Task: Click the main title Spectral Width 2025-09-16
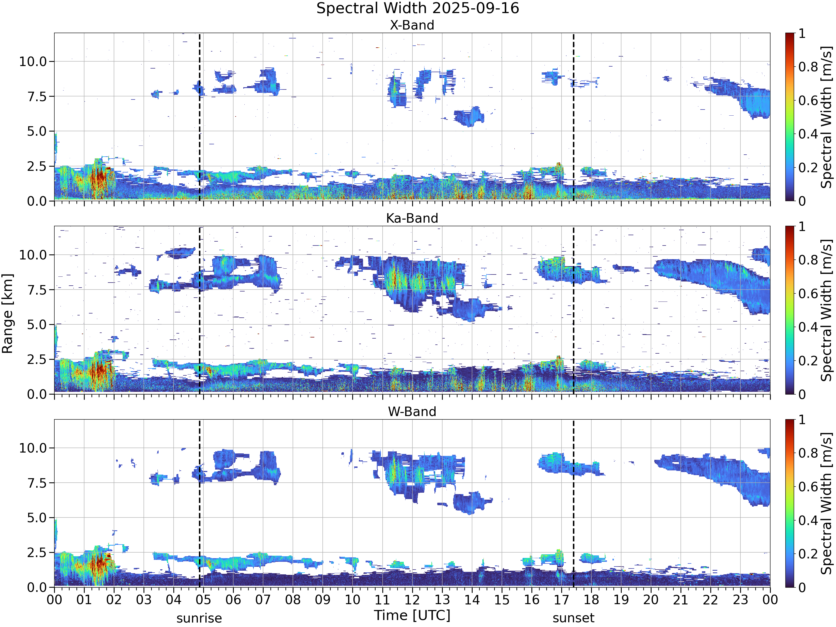click(418, 8)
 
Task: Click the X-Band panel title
click(412, 25)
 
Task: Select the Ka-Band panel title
click(412, 218)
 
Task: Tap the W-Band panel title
click(412, 411)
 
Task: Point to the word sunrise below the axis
click(199, 618)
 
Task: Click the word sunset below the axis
click(573, 618)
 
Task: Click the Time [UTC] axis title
click(412, 615)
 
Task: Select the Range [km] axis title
click(7, 314)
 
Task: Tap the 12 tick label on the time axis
click(412, 600)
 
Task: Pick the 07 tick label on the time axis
click(263, 600)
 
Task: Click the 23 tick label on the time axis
click(740, 600)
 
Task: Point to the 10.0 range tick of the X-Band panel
click(33, 61)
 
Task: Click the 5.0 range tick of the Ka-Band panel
click(37, 325)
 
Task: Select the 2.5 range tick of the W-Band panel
click(37, 553)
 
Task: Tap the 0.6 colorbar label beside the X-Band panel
click(808, 101)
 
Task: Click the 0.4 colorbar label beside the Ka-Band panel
click(808, 327)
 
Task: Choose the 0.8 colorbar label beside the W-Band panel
click(808, 453)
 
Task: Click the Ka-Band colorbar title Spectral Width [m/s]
click(827, 310)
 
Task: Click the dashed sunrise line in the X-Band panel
click(200, 117)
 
